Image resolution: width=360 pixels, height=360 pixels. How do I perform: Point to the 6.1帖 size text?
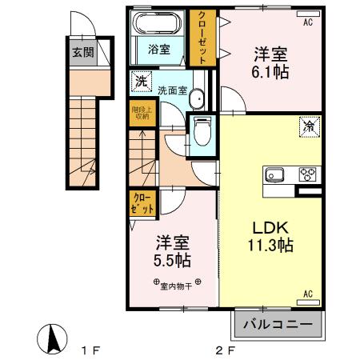(271, 72)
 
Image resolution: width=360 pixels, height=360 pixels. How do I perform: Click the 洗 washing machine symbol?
(141, 81)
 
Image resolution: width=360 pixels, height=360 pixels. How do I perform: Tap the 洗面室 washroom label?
(172, 90)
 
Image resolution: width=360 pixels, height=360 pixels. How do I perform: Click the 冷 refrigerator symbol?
(309, 125)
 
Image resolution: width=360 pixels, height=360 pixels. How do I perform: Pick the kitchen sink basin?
(274, 174)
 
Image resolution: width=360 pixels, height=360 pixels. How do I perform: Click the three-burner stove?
(308, 174)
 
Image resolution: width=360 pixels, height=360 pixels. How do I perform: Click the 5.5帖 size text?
(172, 260)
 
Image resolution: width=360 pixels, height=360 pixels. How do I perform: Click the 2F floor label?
(224, 349)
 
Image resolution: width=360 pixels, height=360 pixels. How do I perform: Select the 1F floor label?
(89, 349)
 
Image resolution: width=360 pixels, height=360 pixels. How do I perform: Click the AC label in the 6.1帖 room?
(307, 22)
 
